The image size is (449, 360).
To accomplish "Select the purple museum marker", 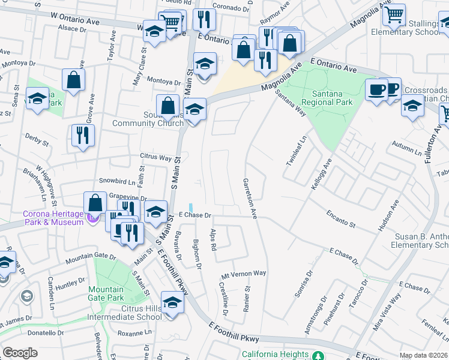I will click(92, 218).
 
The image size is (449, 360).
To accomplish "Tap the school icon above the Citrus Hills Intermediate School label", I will click(172, 303).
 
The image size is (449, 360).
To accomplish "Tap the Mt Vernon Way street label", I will click(243, 274).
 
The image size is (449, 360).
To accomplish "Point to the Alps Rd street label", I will click(213, 239).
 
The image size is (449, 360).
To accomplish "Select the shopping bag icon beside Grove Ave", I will click(73, 80).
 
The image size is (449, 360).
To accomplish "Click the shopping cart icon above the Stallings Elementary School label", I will click(394, 15).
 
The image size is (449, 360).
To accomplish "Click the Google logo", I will click(20, 353).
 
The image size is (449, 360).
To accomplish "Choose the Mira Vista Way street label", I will click(394, 312).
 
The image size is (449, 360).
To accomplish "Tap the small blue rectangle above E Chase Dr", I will click(191, 206).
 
